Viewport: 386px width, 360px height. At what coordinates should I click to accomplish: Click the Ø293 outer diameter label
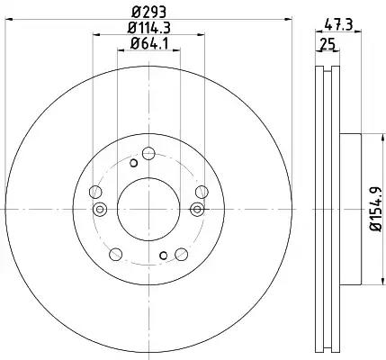149,13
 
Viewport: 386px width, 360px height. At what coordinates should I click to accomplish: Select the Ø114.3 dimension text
149,28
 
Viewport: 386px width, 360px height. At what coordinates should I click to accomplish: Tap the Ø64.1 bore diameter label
149,44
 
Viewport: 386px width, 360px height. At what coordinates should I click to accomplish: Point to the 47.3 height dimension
338,24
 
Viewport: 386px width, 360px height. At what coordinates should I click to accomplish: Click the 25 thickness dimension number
328,45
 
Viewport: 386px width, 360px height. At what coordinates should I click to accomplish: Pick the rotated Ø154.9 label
376,209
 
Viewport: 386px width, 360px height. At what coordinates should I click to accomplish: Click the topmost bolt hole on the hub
148,154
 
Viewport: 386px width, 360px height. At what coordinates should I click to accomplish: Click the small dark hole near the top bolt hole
133,163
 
